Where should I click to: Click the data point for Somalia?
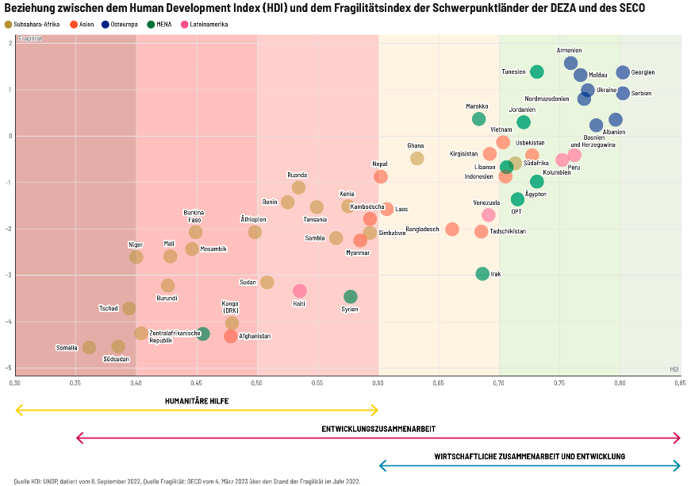click(x=89, y=348)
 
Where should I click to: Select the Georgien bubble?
click(x=623, y=72)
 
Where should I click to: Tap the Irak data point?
click(x=482, y=274)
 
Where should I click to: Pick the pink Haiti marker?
click(x=300, y=291)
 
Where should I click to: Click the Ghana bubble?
click(x=417, y=158)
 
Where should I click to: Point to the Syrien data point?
click(x=351, y=297)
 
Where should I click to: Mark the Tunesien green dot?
click(x=537, y=72)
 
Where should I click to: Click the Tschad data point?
click(x=129, y=308)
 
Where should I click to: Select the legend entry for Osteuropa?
click(x=120, y=25)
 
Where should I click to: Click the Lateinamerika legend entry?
click(x=205, y=25)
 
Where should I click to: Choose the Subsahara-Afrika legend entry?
click(x=33, y=25)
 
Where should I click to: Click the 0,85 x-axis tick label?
click(x=680, y=383)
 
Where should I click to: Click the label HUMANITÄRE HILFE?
click(x=197, y=401)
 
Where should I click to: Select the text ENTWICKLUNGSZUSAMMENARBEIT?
click(x=378, y=429)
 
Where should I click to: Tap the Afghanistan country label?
click(x=255, y=336)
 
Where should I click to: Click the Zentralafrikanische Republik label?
click(x=175, y=337)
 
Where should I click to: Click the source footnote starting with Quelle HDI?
click(x=187, y=481)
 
